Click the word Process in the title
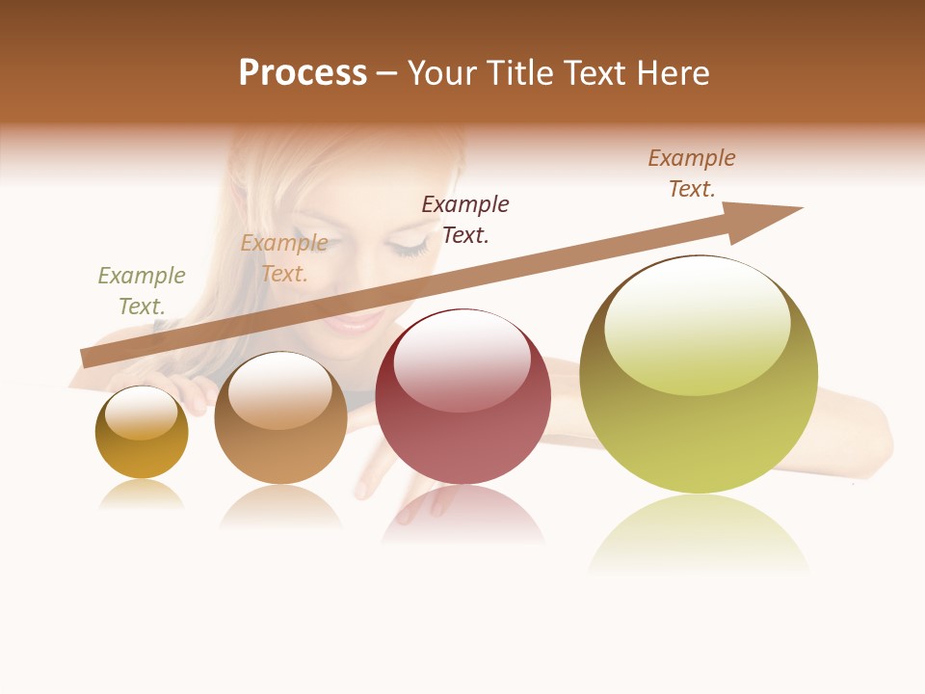[303, 73]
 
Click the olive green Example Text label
[142, 291]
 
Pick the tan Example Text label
[284, 258]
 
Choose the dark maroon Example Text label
[465, 220]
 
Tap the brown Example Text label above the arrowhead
[692, 173]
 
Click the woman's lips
[355, 321]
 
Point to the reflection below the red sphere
[462, 516]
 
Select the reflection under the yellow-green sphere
[699, 535]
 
